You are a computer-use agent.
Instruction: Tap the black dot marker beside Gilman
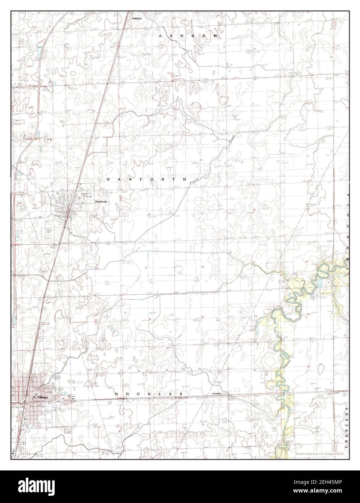point(34,397)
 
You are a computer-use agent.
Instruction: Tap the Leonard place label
point(217,393)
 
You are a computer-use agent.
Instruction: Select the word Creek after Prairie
point(231,138)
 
